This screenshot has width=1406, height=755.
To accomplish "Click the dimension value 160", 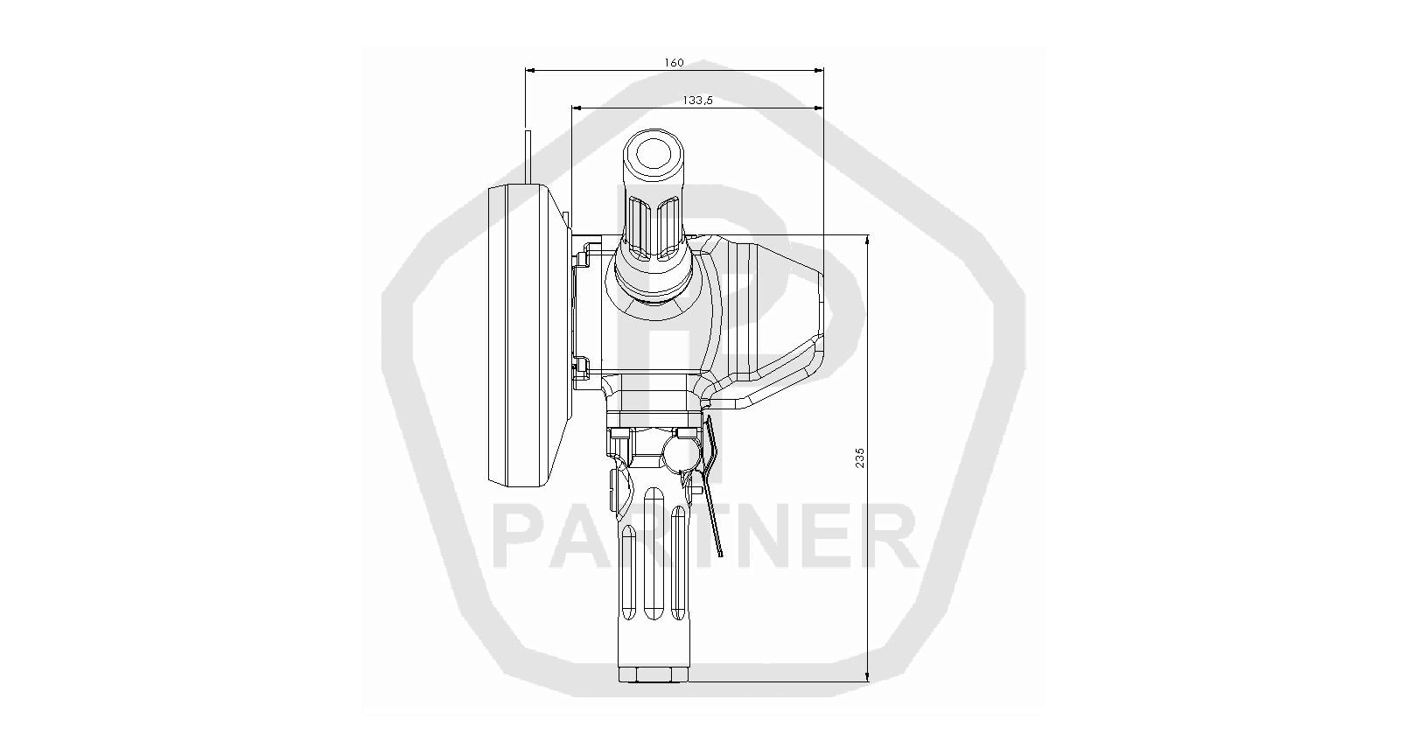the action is [x=674, y=63].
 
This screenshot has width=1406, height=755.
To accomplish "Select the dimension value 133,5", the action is [x=698, y=101].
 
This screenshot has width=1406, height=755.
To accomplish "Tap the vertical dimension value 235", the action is [x=860, y=458].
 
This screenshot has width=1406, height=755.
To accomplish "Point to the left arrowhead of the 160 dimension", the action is [x=529, y=71].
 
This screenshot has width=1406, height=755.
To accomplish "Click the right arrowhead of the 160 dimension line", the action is [x=819, y=71].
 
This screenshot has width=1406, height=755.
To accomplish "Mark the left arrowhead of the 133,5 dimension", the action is [x=577, y=108].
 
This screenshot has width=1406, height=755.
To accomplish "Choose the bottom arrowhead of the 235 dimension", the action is [x=867, y=676].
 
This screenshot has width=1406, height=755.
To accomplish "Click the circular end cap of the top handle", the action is [x=653, y=154].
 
